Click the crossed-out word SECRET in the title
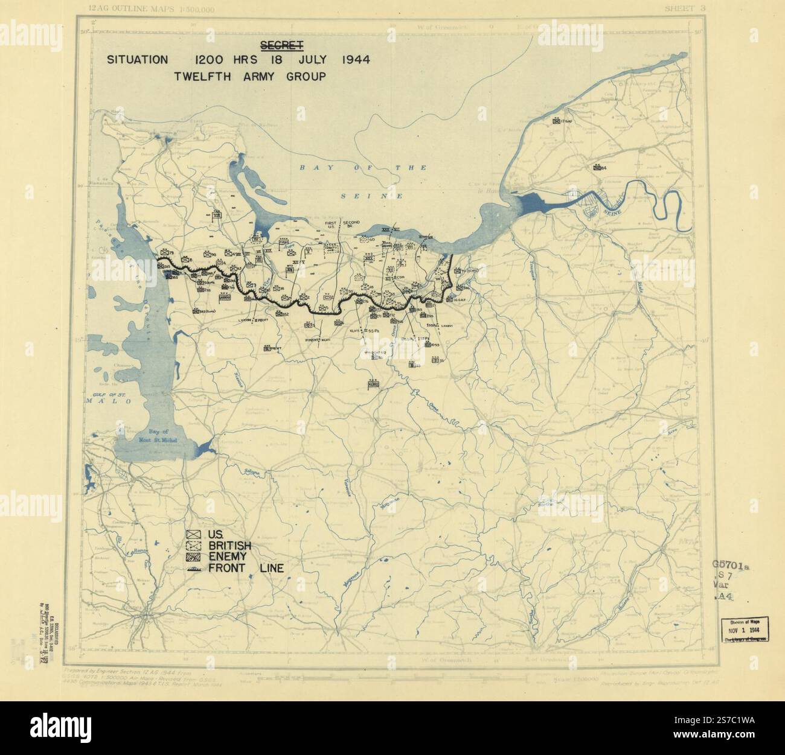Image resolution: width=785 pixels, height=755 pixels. [x=281, y=45]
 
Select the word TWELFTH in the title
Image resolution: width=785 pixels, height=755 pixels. [x=202, y=77]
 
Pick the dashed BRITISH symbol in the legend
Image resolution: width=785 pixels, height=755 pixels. [x=194, y=546]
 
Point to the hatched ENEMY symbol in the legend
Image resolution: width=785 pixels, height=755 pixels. [x=194, y=556]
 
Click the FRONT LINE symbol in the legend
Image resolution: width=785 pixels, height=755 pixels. [x=194, y=568]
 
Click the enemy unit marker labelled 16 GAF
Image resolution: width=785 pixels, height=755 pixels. [x=458, y=300]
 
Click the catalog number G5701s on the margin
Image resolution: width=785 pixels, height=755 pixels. [x=729, y=566]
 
